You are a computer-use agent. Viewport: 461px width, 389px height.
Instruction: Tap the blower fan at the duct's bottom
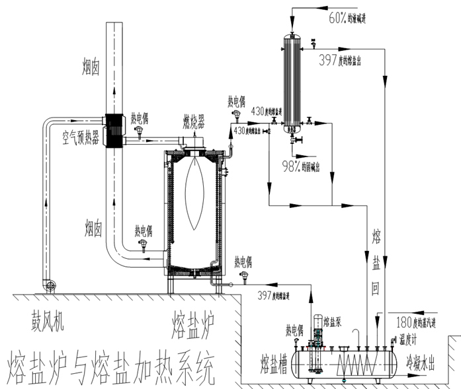pos(48,285)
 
